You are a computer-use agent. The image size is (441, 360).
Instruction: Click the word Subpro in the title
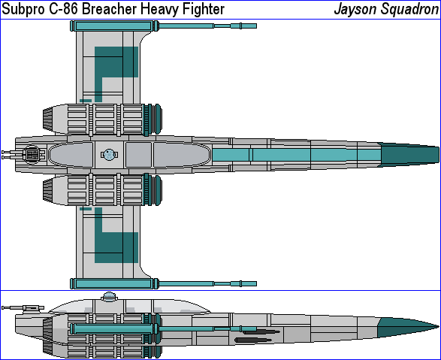pos(23,9)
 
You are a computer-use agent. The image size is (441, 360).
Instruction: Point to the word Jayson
pos(355,10)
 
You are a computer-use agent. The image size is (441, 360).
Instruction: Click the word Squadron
pos(409,10)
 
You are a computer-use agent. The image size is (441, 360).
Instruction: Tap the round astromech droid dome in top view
pos(109,155)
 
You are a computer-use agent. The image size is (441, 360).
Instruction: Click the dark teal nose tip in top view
pos(438,155)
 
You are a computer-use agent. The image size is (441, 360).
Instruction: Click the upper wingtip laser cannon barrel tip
pos(255,26)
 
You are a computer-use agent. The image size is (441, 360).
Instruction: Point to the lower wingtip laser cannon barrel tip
pos(255,284)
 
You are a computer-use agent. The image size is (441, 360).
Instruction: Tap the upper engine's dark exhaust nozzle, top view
pos(47,119)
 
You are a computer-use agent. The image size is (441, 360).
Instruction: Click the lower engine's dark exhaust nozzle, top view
pos(47,190)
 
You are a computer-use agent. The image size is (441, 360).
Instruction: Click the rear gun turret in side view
pos(23,308)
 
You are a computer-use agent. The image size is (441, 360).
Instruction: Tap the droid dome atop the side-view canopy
pos(109,296)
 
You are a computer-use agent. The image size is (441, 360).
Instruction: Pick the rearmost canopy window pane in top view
pos(71,155)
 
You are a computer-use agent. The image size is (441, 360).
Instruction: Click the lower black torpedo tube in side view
pos(253,340)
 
